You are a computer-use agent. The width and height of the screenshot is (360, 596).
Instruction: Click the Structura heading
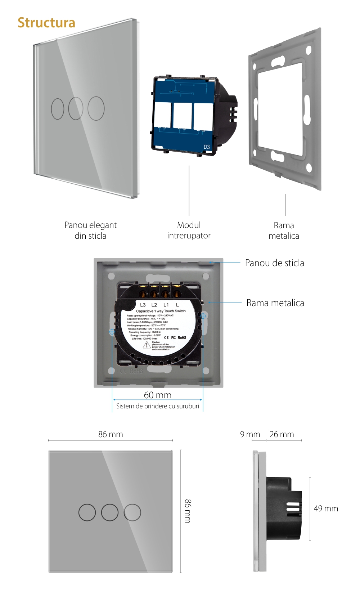point(46,23)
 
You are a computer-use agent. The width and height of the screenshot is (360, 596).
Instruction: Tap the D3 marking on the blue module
point(207,147)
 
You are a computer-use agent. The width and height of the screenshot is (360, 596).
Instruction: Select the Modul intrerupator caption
point(189,230)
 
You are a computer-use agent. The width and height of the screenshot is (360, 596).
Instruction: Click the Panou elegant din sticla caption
point(90,230)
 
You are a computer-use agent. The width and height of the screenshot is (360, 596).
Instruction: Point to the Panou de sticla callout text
point(274,263)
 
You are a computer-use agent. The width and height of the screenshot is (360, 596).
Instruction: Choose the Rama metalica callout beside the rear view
point(275,303)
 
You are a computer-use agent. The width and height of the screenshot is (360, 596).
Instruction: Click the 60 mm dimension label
point(158,395)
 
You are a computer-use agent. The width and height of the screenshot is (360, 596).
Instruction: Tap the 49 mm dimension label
point(326,508)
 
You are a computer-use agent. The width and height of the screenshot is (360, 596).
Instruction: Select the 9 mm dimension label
point(250,434)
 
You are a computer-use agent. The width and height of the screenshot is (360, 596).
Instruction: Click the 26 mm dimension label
point(282,434)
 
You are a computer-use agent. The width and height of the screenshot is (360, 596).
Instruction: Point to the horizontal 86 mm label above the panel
point(111,434)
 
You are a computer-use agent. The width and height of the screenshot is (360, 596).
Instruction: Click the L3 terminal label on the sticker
point(143,305)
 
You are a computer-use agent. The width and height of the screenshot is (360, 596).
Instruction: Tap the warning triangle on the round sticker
point(147,345)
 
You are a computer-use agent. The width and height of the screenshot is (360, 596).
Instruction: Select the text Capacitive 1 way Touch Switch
point(161,311)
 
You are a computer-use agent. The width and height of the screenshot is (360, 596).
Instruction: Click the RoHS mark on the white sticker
point(182,337)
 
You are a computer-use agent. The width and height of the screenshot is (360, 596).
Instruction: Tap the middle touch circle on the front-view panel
point(110,512)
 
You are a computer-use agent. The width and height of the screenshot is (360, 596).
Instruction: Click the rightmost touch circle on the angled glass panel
point(96,108)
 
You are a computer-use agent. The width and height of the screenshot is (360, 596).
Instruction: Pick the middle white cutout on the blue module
point(182,115)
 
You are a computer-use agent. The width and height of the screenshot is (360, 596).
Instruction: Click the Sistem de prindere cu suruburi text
point(158,406)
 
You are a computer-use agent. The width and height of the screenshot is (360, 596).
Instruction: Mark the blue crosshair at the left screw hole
point(112,331)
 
